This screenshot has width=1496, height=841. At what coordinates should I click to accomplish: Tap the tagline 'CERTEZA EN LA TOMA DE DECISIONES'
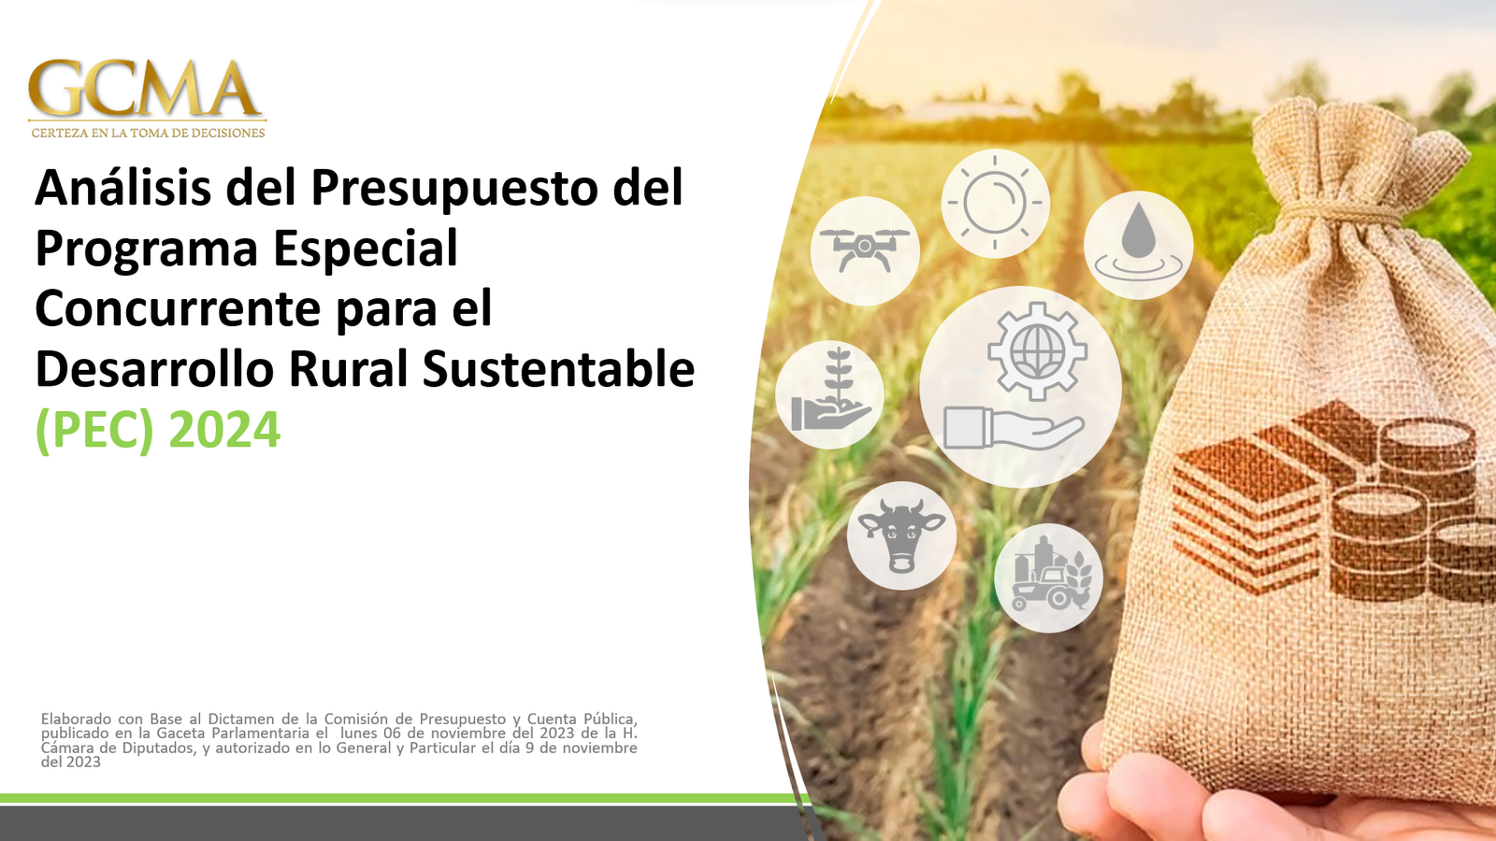click(148, 133)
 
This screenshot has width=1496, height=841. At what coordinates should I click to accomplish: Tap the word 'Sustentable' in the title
click(558, 368)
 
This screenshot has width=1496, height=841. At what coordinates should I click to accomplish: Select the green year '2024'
click(224, 430)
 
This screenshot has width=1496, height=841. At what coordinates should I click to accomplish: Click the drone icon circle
click(865, 251)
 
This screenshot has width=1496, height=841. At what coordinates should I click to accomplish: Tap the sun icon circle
click(995, 203)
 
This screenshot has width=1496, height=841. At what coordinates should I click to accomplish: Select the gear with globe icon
click(1037, 351)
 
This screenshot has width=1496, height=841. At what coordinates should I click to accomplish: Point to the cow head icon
click(901, 535)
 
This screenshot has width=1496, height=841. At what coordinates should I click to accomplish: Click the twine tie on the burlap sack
click(1343, 213)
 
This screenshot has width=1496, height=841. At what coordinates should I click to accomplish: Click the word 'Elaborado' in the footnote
click(76, 719)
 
